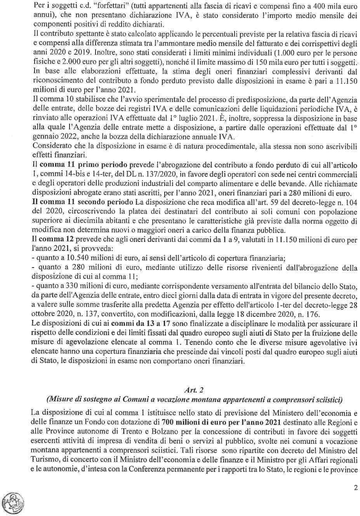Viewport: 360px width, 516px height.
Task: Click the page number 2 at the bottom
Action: click(356, 488)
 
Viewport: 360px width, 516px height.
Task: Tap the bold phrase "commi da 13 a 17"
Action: click(141, 324)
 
